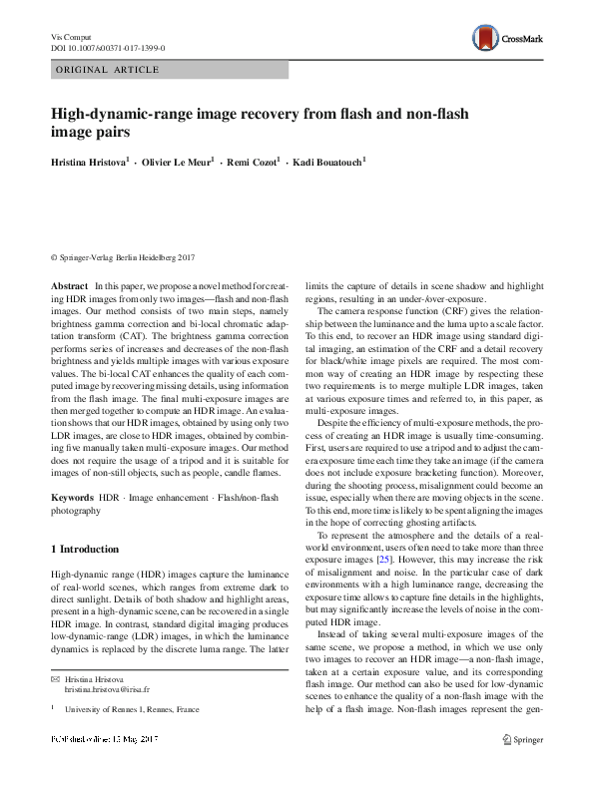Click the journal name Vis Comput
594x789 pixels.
(71, 36)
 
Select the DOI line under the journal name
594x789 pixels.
(107, 48)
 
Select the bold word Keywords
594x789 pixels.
(71, 496)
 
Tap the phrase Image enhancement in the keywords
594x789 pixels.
(157, 496)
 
